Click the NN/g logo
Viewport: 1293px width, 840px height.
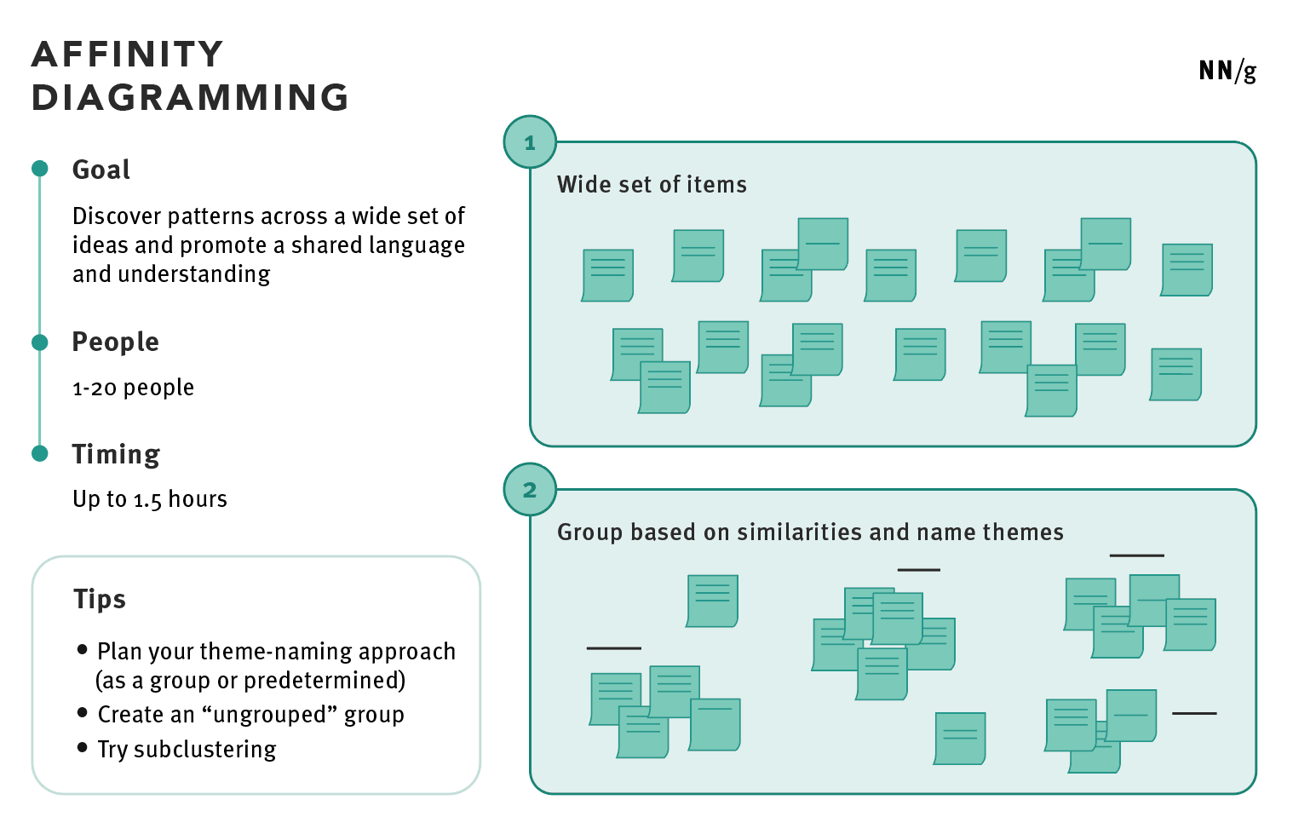pos(1227,71)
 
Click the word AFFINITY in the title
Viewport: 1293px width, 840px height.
pos(128,55)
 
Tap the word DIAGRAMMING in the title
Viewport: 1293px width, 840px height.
pos(190,98)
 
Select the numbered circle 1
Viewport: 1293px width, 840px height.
pos(530,142)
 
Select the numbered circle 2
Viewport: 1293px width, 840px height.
pos(530,490)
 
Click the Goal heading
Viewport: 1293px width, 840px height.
pos(101,170)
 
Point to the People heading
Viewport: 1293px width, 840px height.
pos(115,342)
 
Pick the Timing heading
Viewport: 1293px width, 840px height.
pos(116,454)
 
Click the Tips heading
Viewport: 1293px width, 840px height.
pos(100,599)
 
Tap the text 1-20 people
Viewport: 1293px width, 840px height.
pos(133,388)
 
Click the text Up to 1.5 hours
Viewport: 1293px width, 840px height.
pos(150,499)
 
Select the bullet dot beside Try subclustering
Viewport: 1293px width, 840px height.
pos(83,747)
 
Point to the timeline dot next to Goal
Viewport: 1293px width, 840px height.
pos(40,169)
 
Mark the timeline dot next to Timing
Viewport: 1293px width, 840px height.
pos(40,453)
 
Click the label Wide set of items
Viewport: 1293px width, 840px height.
pos(652,185)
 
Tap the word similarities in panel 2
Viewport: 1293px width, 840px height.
pos(800,532)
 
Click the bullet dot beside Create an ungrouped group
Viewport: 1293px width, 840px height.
pos(83,712)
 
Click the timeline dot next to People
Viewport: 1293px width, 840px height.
pos(40,342)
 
